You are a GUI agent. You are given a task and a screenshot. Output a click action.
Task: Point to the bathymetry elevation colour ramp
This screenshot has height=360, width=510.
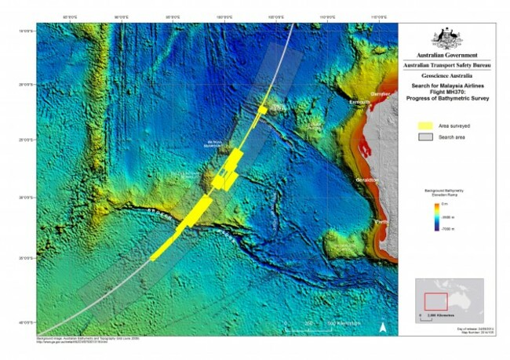tap(436, 218)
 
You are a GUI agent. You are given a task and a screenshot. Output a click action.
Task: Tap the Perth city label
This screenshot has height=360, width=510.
tap(381, 222)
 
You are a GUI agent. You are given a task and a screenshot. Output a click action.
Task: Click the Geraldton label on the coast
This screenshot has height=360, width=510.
tap(366, 180)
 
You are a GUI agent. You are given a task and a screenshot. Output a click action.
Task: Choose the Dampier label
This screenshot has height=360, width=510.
tap(380, 93)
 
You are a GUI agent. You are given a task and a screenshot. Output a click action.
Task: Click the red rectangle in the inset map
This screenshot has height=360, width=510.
tap(435, 300)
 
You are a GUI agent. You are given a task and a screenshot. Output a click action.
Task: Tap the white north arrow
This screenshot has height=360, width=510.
tap(383, 327)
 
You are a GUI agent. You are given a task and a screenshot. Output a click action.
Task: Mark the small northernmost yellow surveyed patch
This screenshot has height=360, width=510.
tap(263, 110)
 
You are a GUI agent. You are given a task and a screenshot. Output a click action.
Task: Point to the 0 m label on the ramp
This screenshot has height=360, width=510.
tap(449, 205)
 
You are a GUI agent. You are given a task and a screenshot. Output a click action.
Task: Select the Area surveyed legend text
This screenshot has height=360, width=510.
tap(455, 125)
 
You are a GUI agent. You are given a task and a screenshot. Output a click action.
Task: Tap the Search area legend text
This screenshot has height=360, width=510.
tap(453, 137)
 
